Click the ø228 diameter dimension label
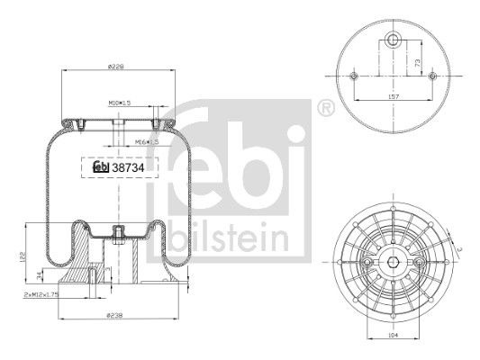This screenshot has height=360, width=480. tap(114, 65)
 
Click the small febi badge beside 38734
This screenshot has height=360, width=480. tap(101, 166)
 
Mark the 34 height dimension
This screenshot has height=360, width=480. tap(37, 275)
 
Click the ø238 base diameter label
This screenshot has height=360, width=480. tap(114, 316)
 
